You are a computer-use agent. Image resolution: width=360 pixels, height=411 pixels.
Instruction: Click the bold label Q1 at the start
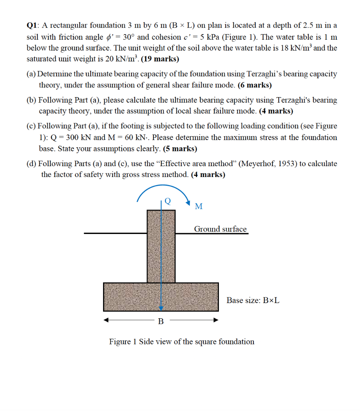[32, 25]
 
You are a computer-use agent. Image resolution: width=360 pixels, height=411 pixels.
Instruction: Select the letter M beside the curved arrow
[198, 207]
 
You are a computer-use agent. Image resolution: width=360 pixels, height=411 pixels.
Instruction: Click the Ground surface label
[220, 229]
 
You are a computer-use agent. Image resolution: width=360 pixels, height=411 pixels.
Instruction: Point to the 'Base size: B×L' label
[253, 300]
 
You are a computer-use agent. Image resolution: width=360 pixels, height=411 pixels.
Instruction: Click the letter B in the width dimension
[161, 321]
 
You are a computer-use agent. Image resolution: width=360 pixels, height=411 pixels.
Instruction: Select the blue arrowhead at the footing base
[161, 308]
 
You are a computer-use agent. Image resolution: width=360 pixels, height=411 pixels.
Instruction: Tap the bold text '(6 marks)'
[255, 85]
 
